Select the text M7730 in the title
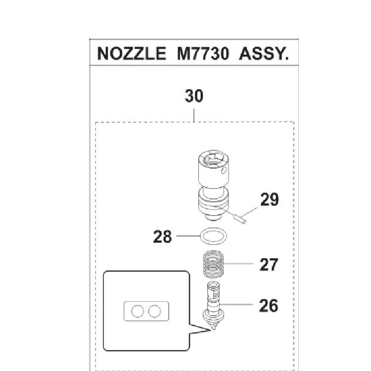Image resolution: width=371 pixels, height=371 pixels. [x=203, y=53]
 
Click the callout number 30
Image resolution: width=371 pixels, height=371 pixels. [x=194, y=95]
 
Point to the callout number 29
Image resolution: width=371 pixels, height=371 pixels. [x=269, y=200]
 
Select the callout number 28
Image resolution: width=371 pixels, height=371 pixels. [x=162, y=237]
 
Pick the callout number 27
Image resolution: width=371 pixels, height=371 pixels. [x=269, y=264]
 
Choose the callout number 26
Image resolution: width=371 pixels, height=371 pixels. [x=269, y=305]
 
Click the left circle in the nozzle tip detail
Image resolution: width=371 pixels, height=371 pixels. [x=138, y=311]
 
